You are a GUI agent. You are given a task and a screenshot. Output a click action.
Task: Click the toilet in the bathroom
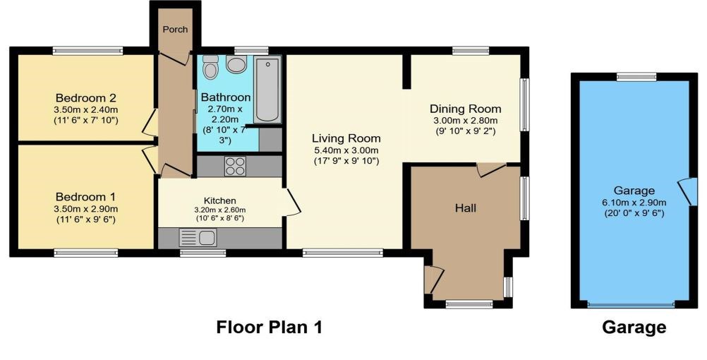point(210,67)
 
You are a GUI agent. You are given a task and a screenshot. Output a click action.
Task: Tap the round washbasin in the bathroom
point(236,64)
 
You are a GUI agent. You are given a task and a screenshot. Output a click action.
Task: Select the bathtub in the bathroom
point(267,90)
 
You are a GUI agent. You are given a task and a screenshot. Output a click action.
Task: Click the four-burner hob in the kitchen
point(235,166)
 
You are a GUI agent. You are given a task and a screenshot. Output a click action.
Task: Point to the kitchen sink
point(198,238)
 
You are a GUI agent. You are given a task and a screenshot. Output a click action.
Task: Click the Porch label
point(175,30)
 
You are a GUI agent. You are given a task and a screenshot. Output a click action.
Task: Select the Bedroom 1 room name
point(85,197)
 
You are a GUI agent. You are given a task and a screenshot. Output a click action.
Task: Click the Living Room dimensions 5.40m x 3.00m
point(346,150)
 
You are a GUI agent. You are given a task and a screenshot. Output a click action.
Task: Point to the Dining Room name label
point(465,109)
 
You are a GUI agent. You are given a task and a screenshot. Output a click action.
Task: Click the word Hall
point(466,208)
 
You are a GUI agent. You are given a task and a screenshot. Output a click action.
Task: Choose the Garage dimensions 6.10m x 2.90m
point(634,203)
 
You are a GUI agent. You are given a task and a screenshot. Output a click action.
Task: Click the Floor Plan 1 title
point(270,327)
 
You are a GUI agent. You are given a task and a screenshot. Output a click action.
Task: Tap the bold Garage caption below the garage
point(634,328)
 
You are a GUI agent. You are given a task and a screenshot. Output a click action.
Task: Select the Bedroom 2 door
point(150,123)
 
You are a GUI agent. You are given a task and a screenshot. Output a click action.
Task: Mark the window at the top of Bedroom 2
point(87,51)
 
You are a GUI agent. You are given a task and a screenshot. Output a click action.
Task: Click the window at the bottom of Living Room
point(343,253)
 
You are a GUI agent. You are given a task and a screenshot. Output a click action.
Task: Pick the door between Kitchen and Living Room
point(292,202)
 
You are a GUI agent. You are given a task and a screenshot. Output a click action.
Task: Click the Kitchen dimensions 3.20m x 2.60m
point(220,210)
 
